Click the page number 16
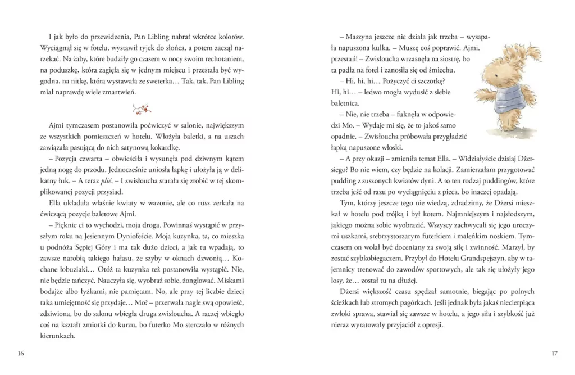coord(21,353)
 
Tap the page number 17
coord(554,353)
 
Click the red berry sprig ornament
coord(141,108)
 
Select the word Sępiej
coord(82,246)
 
